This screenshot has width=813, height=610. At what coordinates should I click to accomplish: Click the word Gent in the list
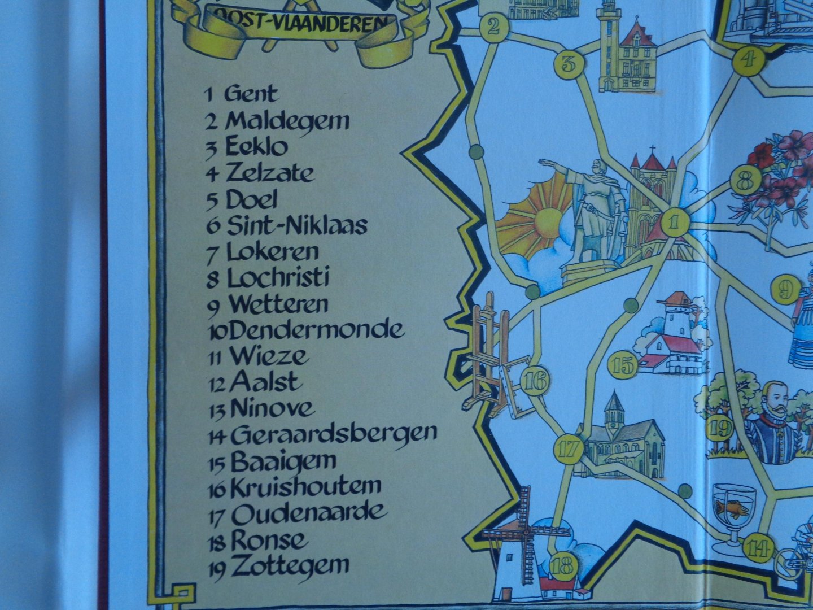pyautogui.click(x=251, y=94)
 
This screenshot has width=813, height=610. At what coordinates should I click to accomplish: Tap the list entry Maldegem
pyautogui.click(x=287, y=120)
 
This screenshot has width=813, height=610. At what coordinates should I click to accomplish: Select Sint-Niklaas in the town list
pyautogui.click(x=296, y=225)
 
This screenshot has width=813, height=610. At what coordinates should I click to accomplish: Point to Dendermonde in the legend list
pyautogui.click(x=317, y=330)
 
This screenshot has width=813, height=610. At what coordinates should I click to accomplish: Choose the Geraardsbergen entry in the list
pyautogui.click(x=334, y=434)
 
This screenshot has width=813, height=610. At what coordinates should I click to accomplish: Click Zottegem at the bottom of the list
pyautogui.click(x=290, y=565)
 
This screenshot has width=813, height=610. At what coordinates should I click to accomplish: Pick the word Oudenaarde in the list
pyautogui.click(x=309, y=513)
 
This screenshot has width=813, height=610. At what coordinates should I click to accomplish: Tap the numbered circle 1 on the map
pyautogui.click(x=674, y=222)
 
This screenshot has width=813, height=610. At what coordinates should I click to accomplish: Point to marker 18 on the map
pyautogui.click(x=562, y=565)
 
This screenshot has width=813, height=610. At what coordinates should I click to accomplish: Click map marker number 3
pyautogui.click(x=569, y=63)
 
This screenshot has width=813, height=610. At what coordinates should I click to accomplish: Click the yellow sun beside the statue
pyautogui.click(x=545, y=217)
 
